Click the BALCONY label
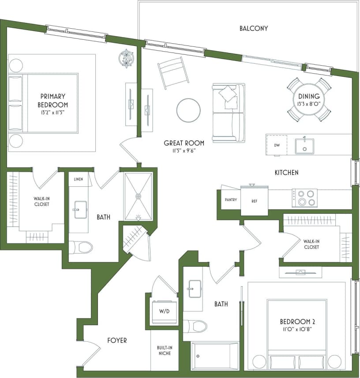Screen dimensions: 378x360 [254, 28]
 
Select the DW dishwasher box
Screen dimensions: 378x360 [277, 145]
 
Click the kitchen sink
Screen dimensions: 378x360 [304, 146]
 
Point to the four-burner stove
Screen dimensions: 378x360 [304, 198]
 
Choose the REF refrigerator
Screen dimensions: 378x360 [255, 200]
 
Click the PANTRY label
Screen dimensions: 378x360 [231, 200]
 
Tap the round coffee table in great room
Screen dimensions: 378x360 [188, 110]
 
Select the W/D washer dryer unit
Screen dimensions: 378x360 [164, 310]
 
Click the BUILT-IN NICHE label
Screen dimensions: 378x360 [164, 351]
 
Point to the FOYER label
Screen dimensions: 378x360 [117, 340]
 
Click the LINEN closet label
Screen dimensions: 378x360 [79, 179]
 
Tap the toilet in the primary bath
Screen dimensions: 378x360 [81, 247]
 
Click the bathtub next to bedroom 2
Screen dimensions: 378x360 [215, 355]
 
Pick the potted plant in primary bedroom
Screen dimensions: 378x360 [127, 58]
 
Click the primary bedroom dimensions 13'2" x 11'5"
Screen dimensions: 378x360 [54, 112]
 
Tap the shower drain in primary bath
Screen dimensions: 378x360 [139, 196]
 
